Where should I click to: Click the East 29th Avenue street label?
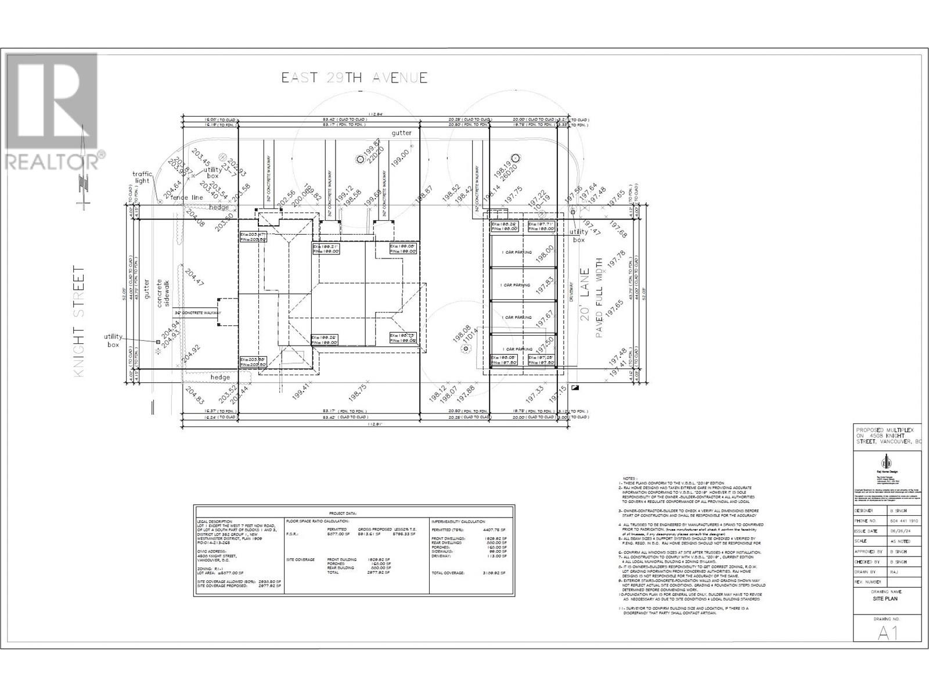pyautogui.click(x=355, y=78)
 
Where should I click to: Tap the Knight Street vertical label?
pyautogui.click(x=80, y=321)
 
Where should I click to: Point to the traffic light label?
pyautogui.click(x=142, y=177)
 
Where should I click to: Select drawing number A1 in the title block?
pyautogui.click(x=887, y=633)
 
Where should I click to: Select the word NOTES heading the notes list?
pyautogui.click(x=629, y=478)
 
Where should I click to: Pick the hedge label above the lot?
pyautogui.click(x=219, y=207)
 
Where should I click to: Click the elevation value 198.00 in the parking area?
pyautogui.click(x=545, y=254)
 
